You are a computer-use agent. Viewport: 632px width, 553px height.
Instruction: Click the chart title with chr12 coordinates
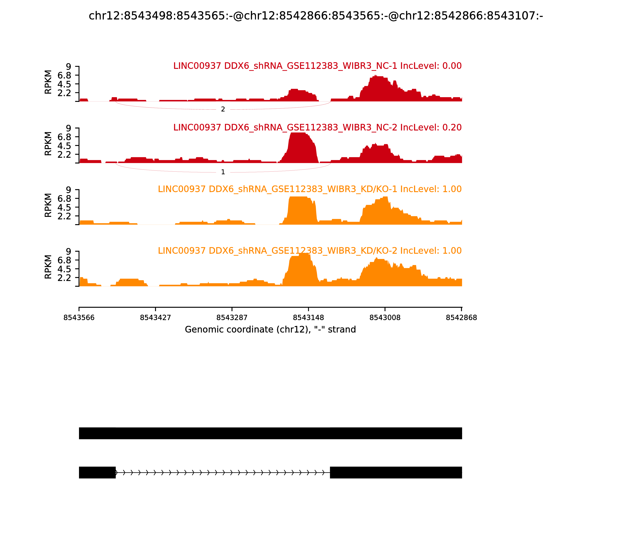coord(316,16)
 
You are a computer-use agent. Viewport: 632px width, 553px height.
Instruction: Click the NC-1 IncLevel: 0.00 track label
coord(317,66)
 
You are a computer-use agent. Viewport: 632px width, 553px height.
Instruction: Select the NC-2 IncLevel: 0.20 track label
coord(317,127)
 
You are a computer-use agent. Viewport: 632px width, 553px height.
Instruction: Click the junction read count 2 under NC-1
coord(223,109)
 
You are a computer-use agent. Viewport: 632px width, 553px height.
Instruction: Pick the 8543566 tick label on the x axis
coord(79,318)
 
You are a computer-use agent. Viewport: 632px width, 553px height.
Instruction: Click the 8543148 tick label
coord(308,318)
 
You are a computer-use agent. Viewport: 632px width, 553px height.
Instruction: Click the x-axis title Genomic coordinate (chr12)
coord(270,330)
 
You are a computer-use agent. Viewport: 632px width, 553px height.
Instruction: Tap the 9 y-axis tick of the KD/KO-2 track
coord(68,251)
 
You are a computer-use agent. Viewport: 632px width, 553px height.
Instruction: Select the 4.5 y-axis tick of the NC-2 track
coord(64,146)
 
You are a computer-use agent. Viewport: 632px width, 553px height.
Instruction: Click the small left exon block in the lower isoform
coord(97,472)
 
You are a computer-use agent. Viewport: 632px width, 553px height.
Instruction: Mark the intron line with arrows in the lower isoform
coord(223,472)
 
